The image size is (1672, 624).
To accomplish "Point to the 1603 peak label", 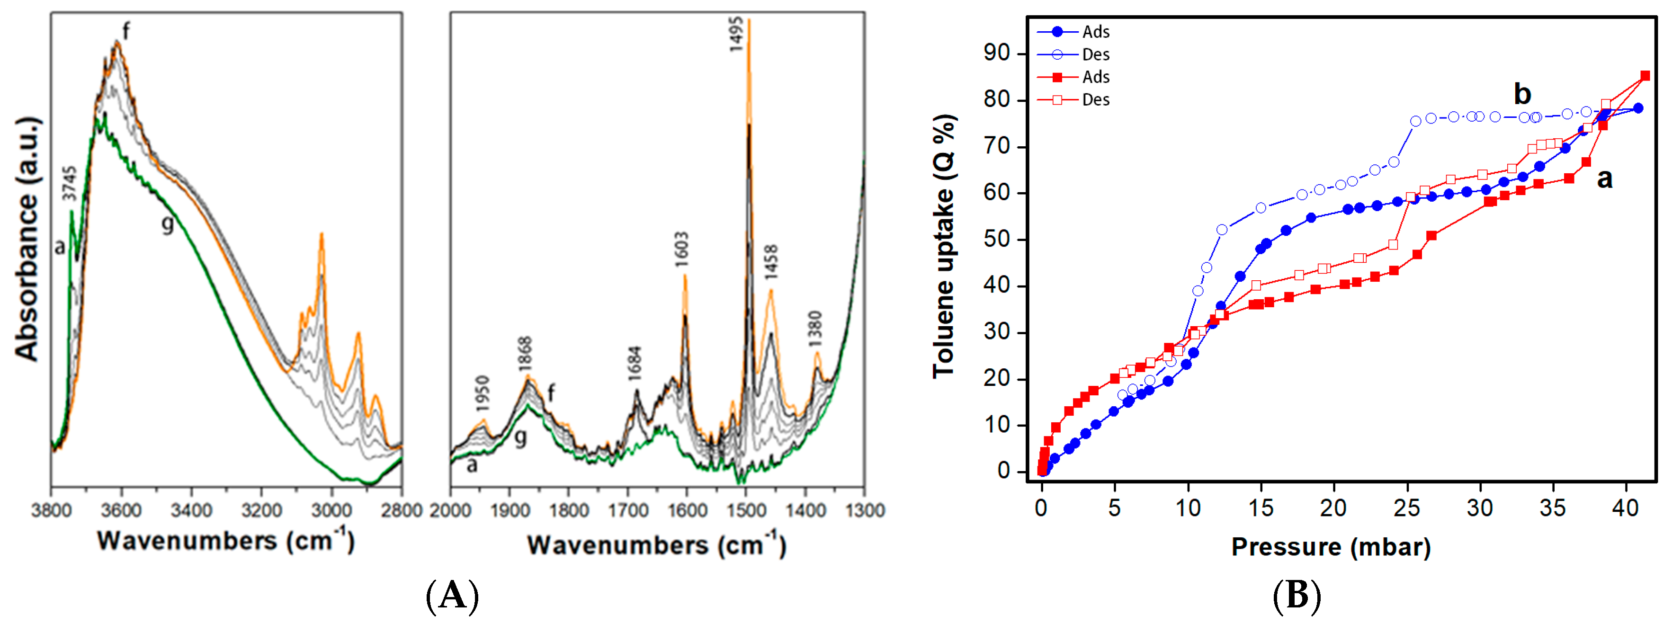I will pos(681,250).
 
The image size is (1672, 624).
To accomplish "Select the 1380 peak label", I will pos(815,329).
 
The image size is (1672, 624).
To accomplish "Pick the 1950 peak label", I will pos(482,394).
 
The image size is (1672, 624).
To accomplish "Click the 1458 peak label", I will pos(770,263).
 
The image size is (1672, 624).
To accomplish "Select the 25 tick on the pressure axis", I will pos(1406,508).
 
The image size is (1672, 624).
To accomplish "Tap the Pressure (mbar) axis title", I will pos(1331,547).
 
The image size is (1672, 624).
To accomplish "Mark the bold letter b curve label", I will pos(1522,94).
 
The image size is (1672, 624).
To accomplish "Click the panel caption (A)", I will pos(452,596).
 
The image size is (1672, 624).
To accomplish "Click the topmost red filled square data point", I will pos(1645,76).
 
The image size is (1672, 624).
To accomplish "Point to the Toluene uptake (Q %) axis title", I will pos(944,247).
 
